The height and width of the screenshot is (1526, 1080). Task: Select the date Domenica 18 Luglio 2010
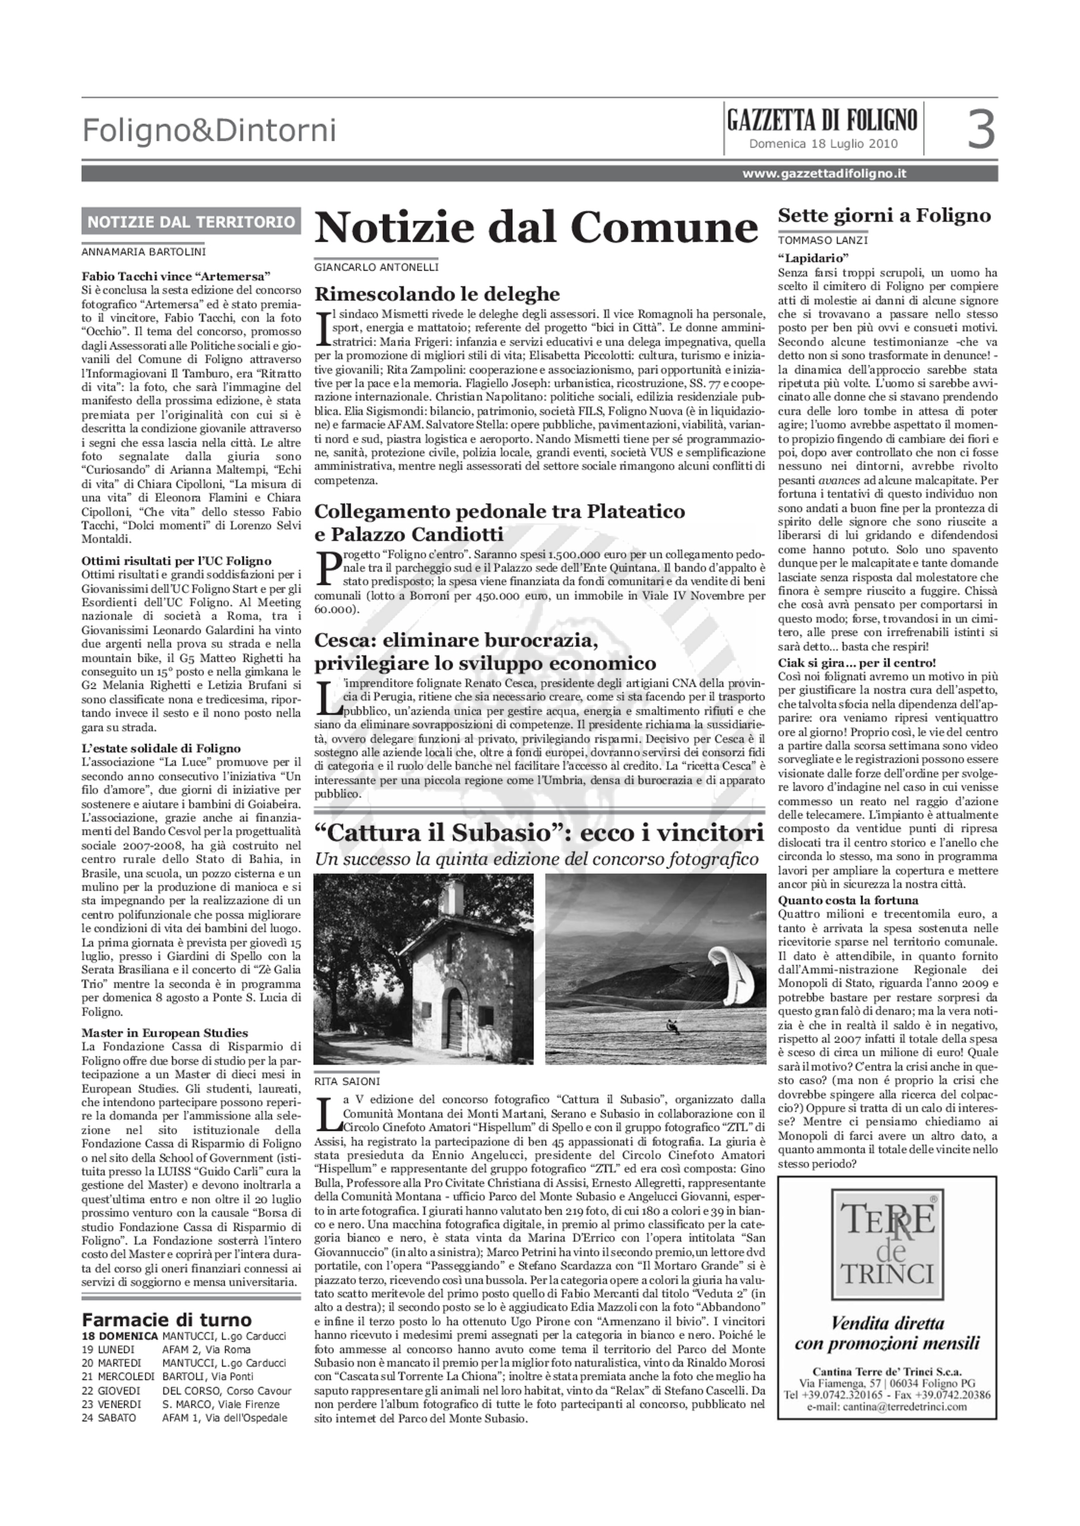823,144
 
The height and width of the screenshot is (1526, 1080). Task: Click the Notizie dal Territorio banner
191,221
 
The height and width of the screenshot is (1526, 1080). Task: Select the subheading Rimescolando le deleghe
437,294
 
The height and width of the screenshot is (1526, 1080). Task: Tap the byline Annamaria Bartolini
144,252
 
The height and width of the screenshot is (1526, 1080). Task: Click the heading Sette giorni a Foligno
884,215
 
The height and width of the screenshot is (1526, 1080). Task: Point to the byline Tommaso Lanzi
822,240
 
